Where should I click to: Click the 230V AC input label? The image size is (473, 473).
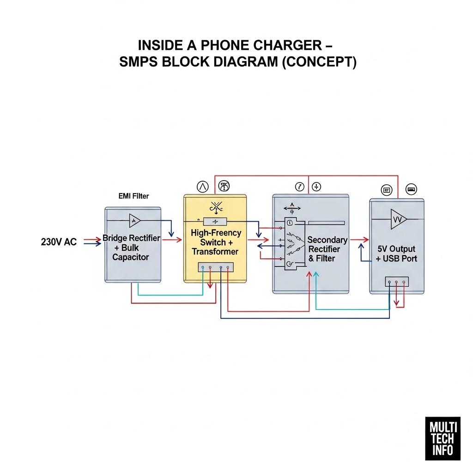point(59,242)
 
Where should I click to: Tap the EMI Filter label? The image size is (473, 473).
point(133,196)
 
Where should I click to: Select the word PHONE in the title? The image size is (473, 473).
point(225,45)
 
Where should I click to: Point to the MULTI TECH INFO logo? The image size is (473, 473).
point(443,439)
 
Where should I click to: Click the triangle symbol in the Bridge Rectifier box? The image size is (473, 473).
point(134,220)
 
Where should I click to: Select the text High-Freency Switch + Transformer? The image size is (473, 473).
point(216,242)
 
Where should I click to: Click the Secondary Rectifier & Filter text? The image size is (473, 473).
point(327,249)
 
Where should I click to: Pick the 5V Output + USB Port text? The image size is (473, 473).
point(396,254)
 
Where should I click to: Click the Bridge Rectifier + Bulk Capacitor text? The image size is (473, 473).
point(131,248)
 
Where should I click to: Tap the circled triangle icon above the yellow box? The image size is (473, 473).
point(203,187)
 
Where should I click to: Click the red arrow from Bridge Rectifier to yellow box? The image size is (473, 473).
point(172,240)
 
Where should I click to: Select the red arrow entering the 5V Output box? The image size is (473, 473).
point(359,240)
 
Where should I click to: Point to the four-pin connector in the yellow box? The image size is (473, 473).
point(215,267)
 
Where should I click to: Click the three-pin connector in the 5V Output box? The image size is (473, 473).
point(397,282)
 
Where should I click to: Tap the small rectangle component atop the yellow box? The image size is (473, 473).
point(215,222)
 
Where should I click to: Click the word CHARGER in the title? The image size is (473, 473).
point(287,45)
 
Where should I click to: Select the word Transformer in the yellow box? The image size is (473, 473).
point(215,252)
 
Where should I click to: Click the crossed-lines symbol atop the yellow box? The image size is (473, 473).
point(216,207)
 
